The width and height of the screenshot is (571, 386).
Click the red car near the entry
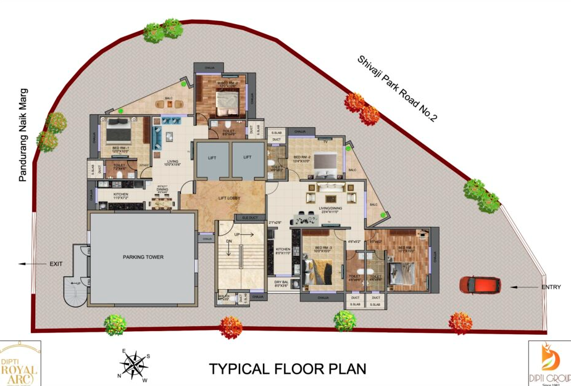[x=475, y=285]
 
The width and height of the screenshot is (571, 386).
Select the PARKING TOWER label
[x=143, y=257]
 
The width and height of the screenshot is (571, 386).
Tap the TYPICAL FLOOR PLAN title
[x=288, y=369]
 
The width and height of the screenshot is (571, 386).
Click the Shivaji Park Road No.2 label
[x=397, y=88]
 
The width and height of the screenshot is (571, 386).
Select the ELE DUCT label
[x=249, y=218]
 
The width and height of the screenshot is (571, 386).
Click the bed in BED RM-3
[x=323, y=270]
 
